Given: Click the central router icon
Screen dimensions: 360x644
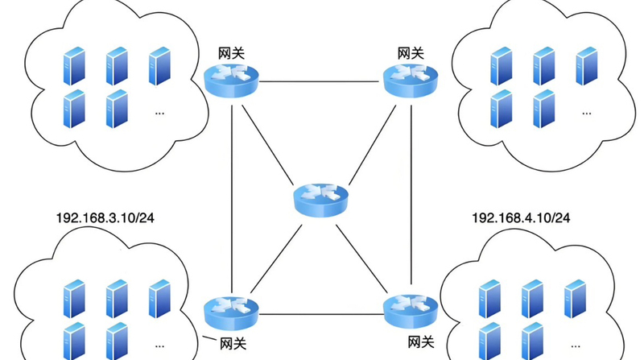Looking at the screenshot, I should click(321, 197).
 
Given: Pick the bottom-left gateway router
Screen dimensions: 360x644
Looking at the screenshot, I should click(232, 310).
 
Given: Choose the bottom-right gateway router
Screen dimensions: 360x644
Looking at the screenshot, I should click(411, 310).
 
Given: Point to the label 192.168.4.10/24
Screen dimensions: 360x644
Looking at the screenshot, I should click(521, 218).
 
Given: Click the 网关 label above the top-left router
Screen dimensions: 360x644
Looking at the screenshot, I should click(232, 53).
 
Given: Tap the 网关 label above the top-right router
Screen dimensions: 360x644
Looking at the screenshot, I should click(411, 53).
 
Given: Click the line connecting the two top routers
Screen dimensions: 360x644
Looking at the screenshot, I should click(321, 81).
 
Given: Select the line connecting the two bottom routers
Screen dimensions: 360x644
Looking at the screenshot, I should click(321, 313).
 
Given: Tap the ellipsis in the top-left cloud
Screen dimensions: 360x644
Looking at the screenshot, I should click(159, 113).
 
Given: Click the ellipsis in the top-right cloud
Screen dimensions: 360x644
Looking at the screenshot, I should click(585, 113).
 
